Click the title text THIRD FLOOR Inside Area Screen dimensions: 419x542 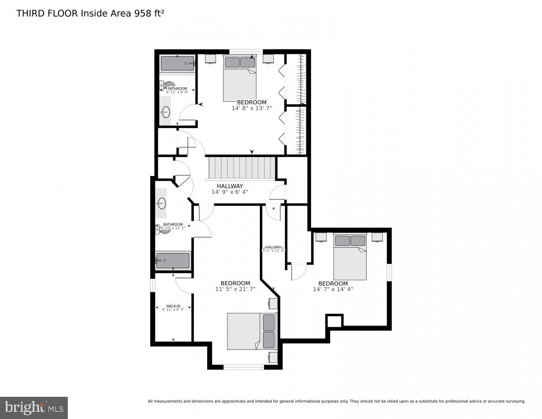[74, 13]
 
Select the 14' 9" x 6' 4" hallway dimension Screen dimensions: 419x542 [229, 192]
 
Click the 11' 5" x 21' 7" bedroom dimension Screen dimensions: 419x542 [235, 289]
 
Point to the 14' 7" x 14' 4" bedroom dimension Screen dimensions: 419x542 [333, 289]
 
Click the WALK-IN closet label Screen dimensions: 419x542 [173, 306]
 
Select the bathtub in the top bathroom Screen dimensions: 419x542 [177, 63]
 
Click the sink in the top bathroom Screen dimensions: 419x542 [166, 111]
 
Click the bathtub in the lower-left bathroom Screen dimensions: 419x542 [172, 260]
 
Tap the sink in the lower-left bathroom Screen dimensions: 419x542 [161, 204]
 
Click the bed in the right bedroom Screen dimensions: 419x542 [350, 257]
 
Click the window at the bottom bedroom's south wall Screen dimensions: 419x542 [244, 367]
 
